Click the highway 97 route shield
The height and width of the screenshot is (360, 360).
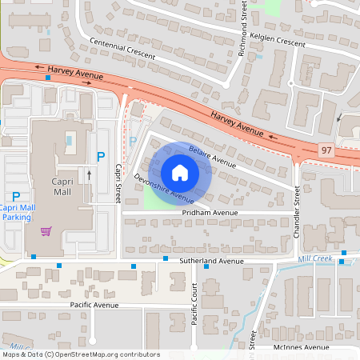point(326,149)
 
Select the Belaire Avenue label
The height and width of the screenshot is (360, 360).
point(212,156)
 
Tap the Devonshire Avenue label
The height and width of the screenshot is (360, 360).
point(164,189)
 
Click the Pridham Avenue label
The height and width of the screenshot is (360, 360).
point(209,213)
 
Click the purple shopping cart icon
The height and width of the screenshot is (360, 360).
point(46,231)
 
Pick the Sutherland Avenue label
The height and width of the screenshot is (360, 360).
point(211,261)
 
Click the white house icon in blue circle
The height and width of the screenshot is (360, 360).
point(180,174)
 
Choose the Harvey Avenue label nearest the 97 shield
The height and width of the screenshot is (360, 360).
point(238,123)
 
